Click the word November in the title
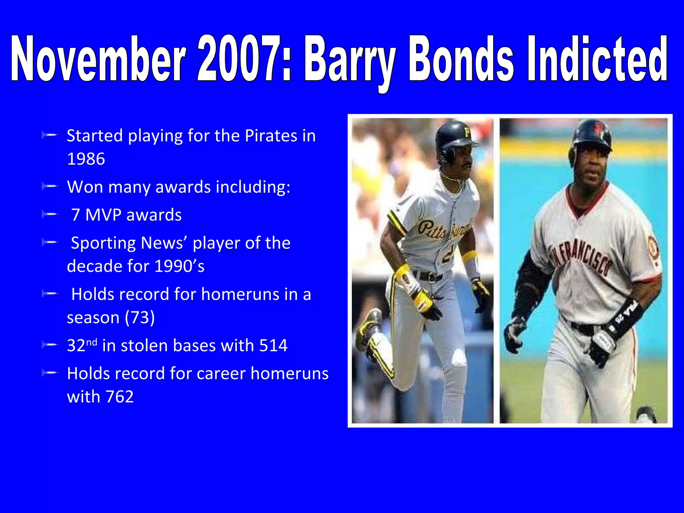[99, 59]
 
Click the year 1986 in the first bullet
[86, 159]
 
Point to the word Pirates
[271, 136]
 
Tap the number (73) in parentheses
[140, 317]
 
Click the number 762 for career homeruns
[119, 397]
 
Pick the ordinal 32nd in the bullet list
[82, 345]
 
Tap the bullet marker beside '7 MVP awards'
[49, 214]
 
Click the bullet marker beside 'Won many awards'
[49, 186]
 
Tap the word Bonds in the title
[461, 59]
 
